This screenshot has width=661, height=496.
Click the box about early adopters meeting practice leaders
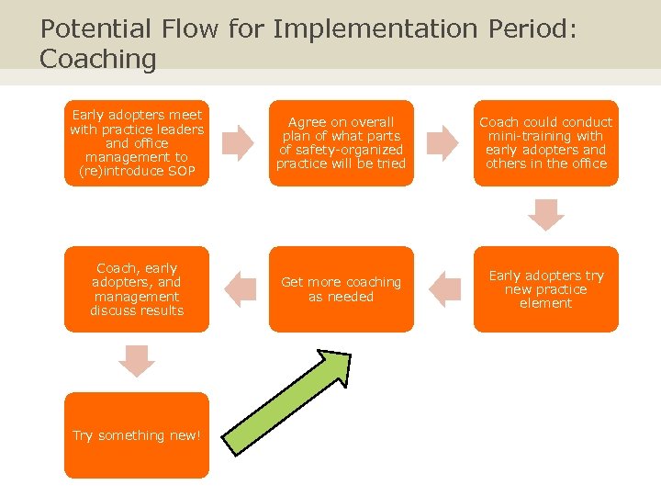point(137,142)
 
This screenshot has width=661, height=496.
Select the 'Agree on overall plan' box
point(341,142)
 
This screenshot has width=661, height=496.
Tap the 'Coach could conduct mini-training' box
point(545,142)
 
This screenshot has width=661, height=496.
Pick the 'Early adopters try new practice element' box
point(545,288)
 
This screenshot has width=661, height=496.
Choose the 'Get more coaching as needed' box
point(341,288)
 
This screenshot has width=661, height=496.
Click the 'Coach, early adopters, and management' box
point(137,288)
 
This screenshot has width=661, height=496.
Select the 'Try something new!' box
point(137,435)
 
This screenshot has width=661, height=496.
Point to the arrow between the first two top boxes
point(238,142)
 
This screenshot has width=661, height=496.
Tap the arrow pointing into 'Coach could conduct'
point(443,142)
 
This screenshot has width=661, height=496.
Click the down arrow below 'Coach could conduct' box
point(545,214)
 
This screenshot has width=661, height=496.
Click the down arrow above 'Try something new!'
point(137,360)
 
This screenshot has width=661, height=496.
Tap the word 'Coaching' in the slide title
point(98,60)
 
